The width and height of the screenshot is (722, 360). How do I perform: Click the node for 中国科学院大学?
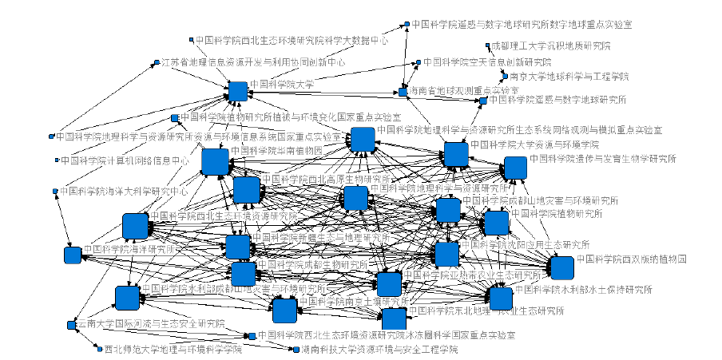coord(237,91)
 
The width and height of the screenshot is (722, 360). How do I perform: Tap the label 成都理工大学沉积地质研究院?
coord(551,46)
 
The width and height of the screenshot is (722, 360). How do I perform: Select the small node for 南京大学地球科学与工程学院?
coord(504,77)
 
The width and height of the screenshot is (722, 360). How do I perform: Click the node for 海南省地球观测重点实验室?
coord(403,92)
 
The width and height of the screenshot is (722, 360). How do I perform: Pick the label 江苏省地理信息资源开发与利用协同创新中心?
coord(253,61)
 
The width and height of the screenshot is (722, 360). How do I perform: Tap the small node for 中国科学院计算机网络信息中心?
coord(57,160)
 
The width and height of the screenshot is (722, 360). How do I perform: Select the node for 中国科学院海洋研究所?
coord(73,255)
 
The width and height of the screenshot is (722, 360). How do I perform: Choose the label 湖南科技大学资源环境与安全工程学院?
coord(379,350)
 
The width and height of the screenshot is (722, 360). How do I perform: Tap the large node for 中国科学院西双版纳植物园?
coord(561,267)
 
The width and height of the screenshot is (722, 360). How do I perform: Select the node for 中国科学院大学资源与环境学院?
coord(456,153)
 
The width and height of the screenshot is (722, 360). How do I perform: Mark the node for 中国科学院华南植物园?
coord(215,162)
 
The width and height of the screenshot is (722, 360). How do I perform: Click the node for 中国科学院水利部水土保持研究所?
coord(501,298)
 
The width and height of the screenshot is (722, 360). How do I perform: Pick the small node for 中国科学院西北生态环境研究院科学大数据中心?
coord(192,39)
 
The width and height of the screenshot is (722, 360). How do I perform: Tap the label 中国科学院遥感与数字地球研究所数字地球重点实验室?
coord(522,24)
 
